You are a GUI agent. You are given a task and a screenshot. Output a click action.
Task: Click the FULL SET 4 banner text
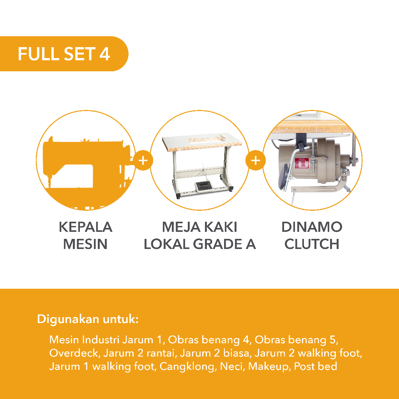point(64,54)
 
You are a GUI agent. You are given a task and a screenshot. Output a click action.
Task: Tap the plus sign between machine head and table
point(143,161)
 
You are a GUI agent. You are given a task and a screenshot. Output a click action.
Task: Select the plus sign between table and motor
point(256,161)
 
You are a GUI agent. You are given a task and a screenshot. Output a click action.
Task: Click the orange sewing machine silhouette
point(87,163)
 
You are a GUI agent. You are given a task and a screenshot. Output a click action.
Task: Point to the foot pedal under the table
point(203,185)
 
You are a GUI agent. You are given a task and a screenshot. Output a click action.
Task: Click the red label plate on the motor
point(302,163)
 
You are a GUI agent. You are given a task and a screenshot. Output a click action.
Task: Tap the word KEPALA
point(85,227)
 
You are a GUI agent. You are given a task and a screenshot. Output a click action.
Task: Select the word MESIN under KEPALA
point(85,244)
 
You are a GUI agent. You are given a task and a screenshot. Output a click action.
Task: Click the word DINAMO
point(312,227)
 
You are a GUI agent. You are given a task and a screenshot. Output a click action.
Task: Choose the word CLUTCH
point(312,244)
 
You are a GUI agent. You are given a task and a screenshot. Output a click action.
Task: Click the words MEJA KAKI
point(199,227)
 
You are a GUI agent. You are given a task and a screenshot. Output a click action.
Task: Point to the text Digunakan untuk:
point(88,319)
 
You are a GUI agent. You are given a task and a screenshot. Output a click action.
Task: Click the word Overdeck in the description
point(74,353)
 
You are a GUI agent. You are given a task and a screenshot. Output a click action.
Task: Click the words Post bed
point(316,366)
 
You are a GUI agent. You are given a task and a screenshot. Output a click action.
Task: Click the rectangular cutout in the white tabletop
point(207,139)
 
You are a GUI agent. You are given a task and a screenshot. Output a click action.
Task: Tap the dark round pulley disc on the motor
point(284,177)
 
